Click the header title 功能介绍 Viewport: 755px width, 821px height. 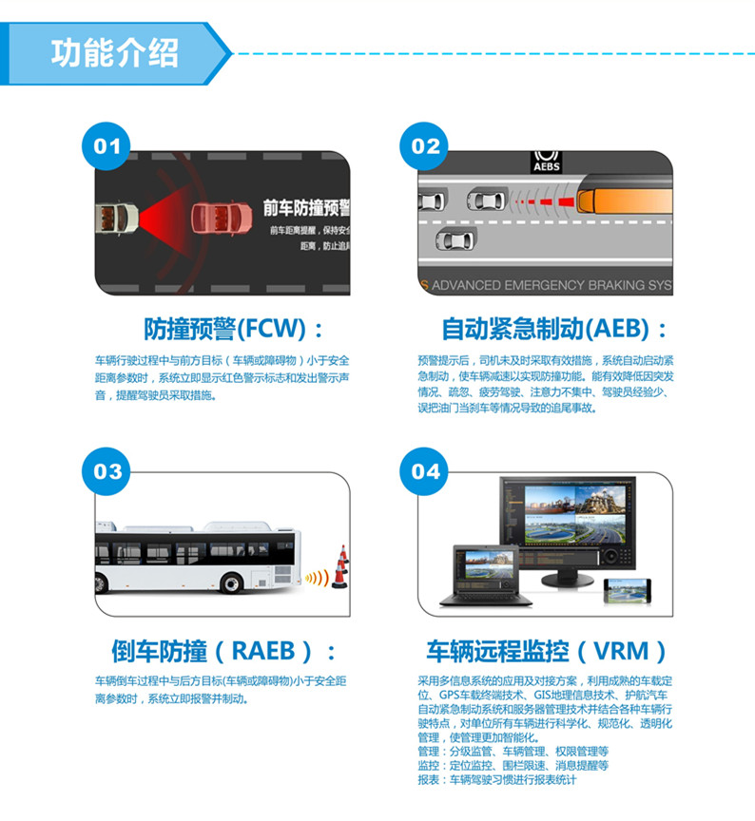point(114,52)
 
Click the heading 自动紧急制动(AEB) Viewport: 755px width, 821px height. point(555,330)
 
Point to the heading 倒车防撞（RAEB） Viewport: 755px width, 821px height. point(224,652)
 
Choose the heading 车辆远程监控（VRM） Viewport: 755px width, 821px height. point(547,652)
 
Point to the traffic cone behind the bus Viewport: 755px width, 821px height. point(339,567)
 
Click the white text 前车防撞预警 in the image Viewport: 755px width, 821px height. point(306,208)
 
